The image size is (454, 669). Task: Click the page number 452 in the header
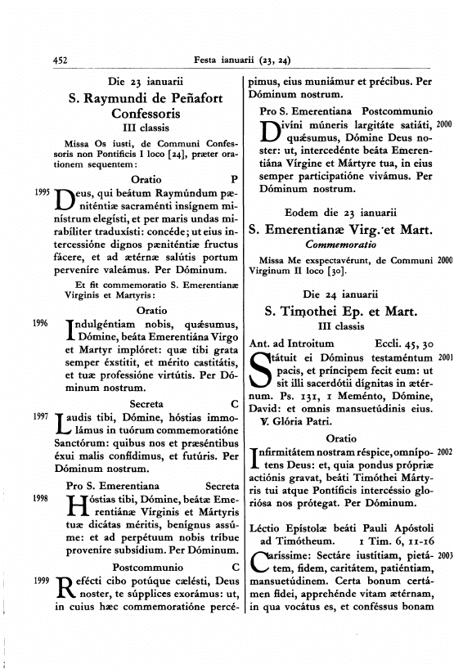tap(58, 60)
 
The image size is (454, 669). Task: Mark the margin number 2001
tap(445, 357)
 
